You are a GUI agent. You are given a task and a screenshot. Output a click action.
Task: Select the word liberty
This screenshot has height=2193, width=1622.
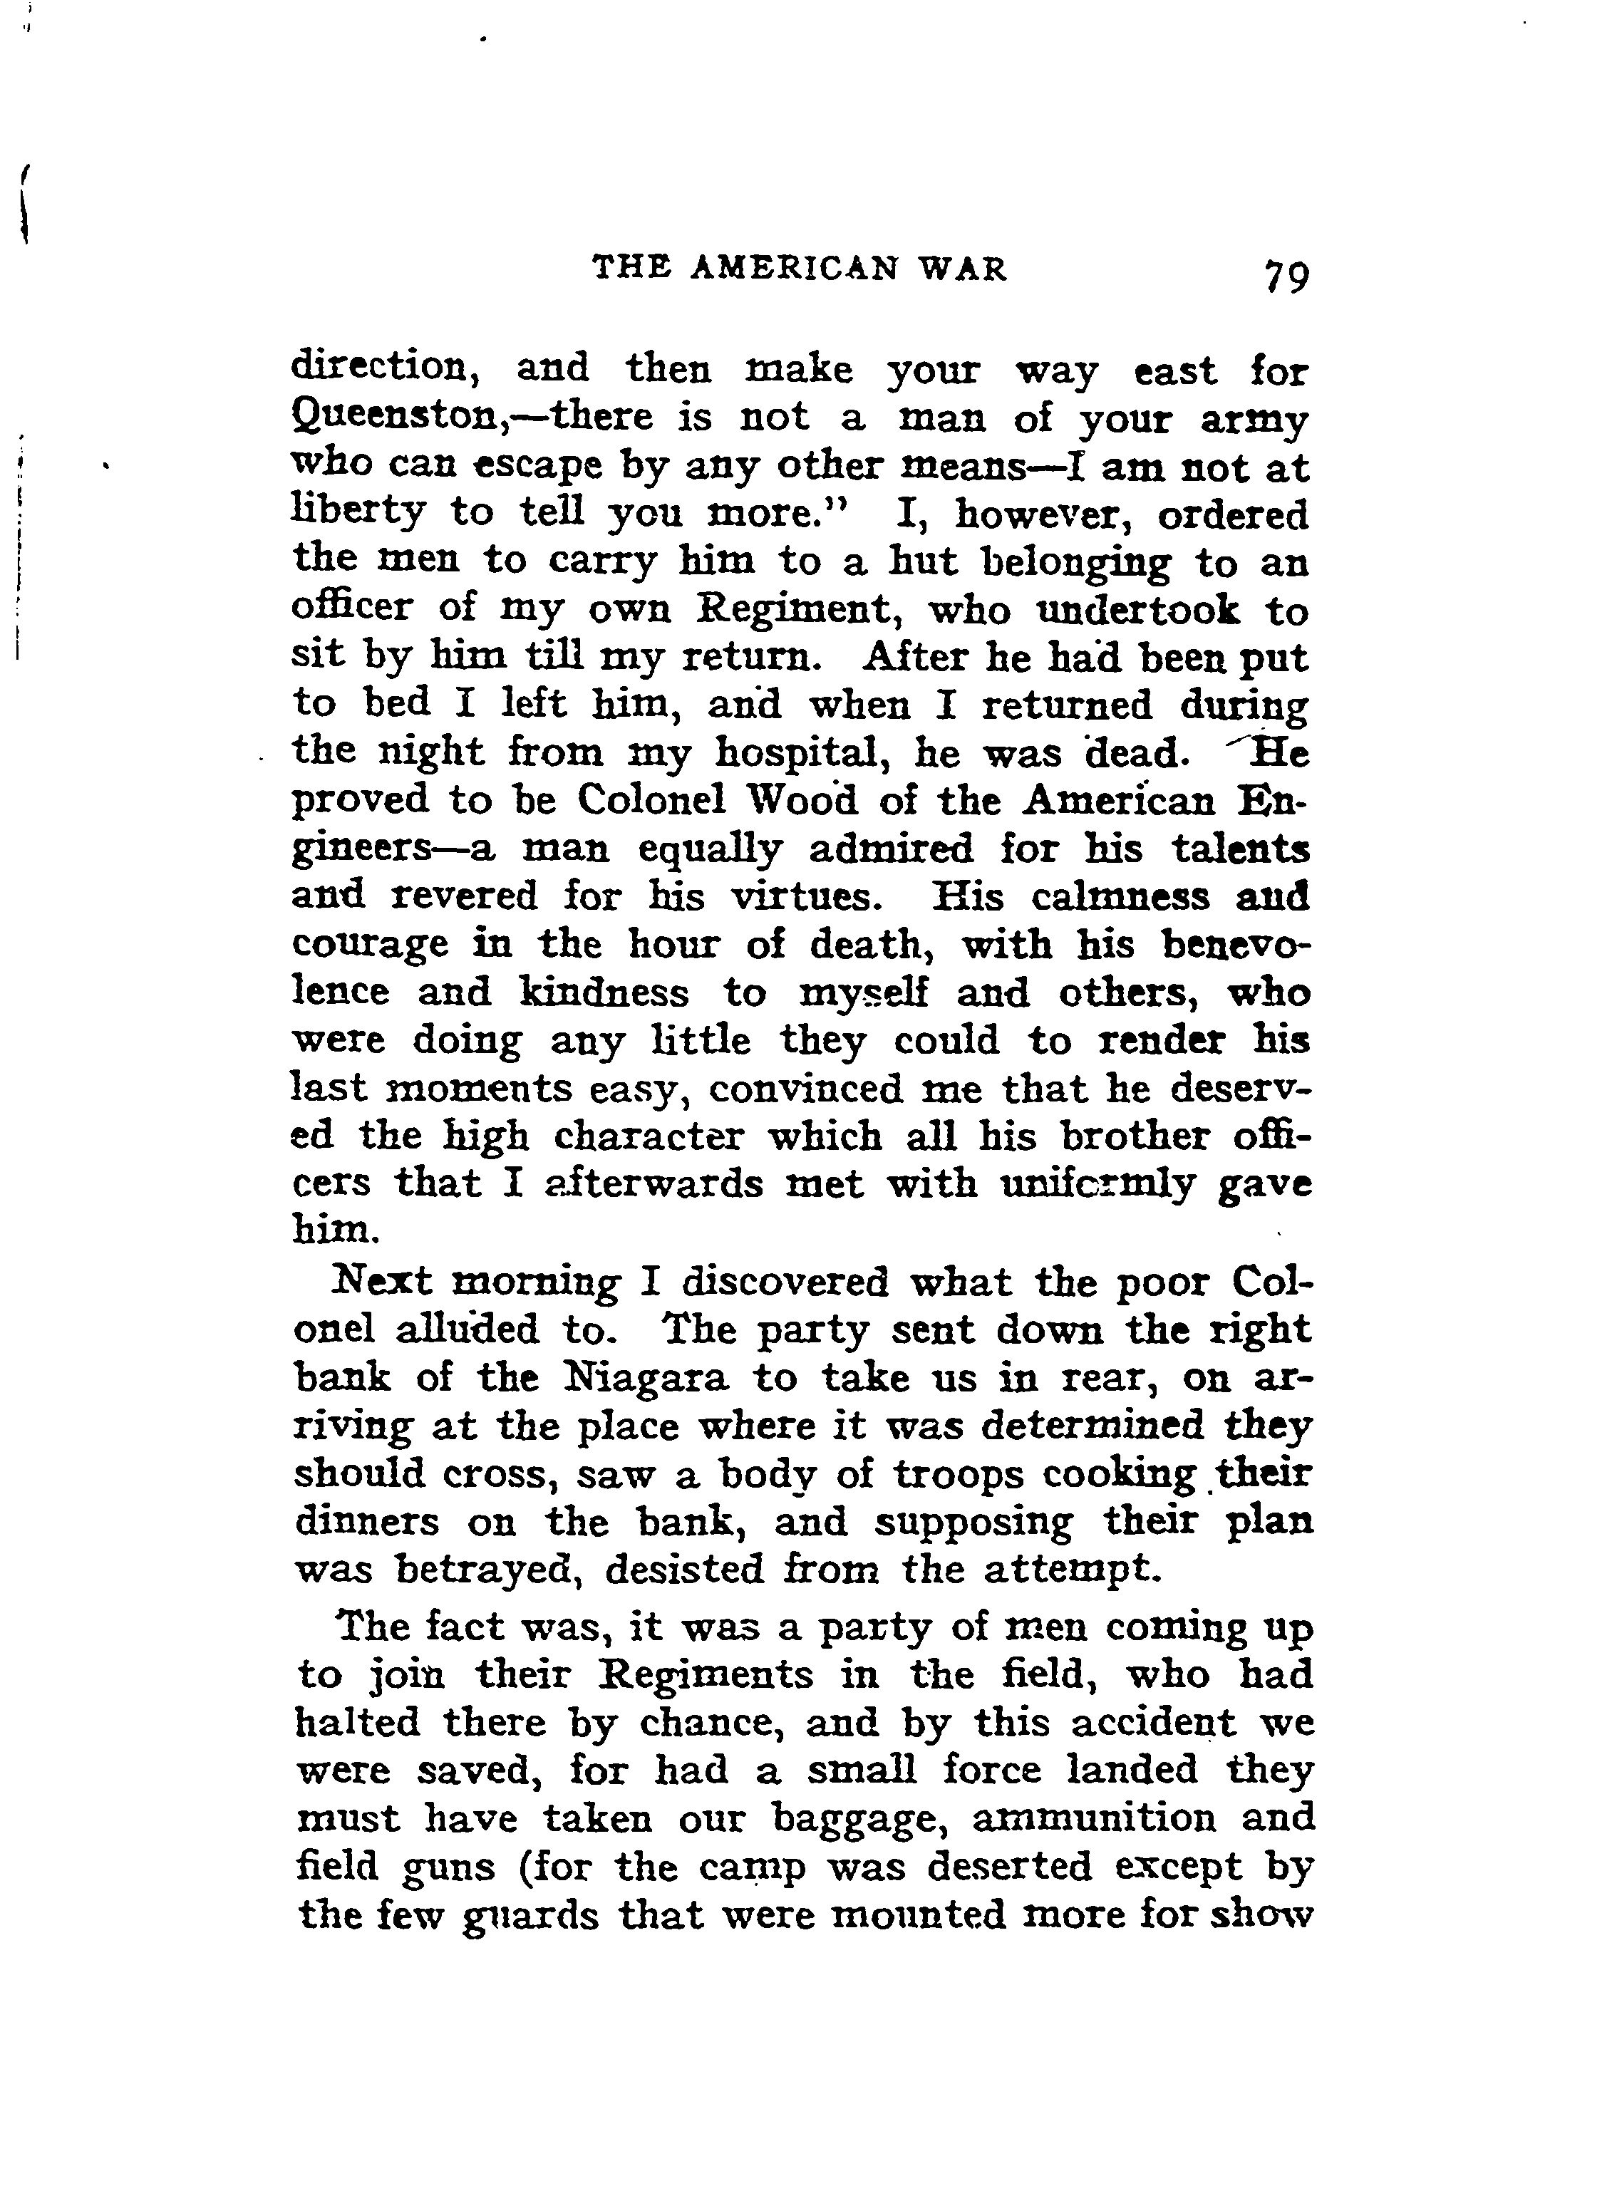(357, 512)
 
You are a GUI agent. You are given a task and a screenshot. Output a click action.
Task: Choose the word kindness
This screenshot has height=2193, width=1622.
(603, 992)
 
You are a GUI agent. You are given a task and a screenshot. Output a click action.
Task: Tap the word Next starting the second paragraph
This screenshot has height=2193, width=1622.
(381, 1282)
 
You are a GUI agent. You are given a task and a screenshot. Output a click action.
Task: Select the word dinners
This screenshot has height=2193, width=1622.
(367, 1523)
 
